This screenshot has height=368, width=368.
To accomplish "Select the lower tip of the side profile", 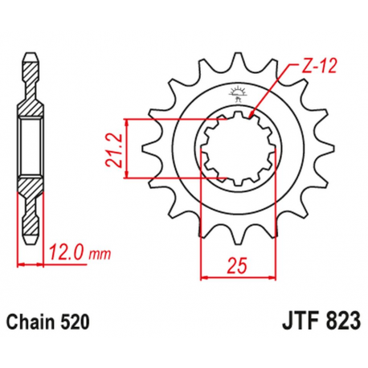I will coord(30,239).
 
